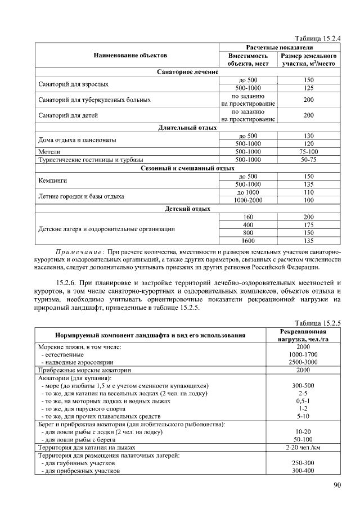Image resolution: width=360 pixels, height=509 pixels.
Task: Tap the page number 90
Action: pyautogui.click(x=336, y=486)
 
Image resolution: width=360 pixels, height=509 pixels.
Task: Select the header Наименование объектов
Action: pyautogui.click(x=127, y=55)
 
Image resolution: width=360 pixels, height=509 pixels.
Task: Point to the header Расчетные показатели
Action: pyautogui.click(x=280, y=47)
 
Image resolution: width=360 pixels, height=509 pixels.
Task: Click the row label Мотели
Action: pyautogui.click(x=49, y=152)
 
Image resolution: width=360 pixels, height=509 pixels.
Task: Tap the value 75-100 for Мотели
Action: pyautogui.click(x=308, y=152)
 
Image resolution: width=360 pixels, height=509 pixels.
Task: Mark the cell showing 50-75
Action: pyautogui.click(x=308, y=160)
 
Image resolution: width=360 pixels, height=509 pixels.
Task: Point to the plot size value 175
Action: pyautogui.click(x=308, y=224)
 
